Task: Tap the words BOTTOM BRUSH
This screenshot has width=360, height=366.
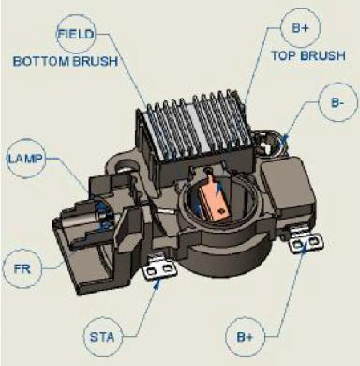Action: [x=66, y=61]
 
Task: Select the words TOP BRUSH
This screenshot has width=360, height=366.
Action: [x=308, y=55]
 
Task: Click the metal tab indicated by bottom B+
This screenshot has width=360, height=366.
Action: [x=306, y=240]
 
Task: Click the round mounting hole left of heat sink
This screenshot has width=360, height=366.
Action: [x=126, y=166]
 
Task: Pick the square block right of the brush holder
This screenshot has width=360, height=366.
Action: [x=287, y=183]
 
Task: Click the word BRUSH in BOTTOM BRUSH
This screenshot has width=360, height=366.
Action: [x=96, y=61]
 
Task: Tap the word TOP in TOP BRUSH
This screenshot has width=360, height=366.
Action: [x=283, y=55]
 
